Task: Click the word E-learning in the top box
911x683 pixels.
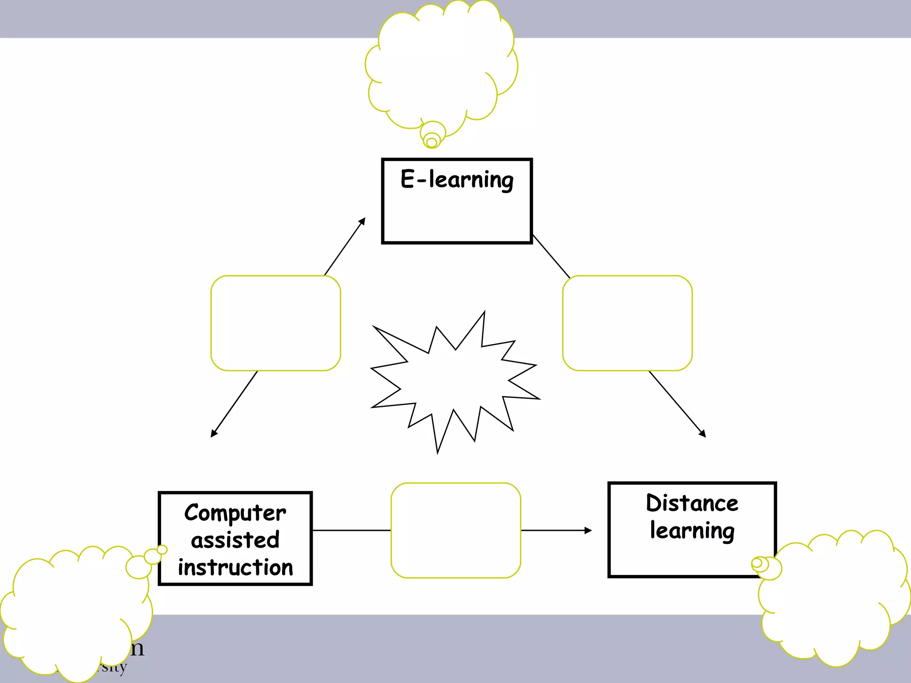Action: (457, 180)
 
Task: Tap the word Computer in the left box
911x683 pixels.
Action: (235, 513)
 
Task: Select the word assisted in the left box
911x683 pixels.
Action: (235, 540)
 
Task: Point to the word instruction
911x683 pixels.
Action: (235, 568)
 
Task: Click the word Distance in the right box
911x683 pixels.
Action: (692, 503)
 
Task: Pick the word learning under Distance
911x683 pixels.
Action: (692, 531)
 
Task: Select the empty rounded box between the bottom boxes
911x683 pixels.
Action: (455, 530)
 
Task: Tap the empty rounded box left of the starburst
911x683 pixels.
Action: (275, 323)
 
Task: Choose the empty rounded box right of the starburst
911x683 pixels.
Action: (627, 323)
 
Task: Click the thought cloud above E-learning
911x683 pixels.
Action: (440, 67)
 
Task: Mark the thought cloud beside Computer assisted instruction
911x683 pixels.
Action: (76, 614)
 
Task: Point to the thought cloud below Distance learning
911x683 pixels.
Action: (832, 600)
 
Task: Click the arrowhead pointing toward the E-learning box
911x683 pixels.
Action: (363, 221)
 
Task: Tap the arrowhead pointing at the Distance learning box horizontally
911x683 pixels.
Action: (588, 530)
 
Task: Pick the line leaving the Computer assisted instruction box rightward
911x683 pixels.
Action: (351, 530)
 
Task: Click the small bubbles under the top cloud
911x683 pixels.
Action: (432, 136)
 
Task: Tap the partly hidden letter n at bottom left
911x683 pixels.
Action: (137, 648)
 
